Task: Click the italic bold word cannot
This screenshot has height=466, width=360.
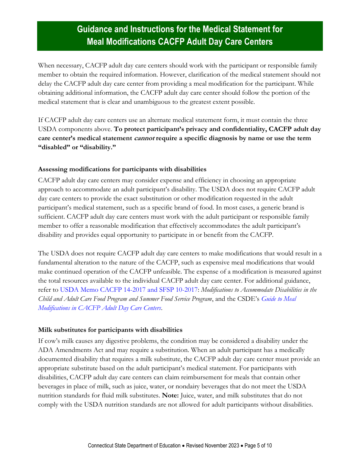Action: point(144,138)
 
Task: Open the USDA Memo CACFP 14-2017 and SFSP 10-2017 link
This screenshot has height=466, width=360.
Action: point(128,289)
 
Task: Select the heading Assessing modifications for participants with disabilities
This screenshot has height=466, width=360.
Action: point(122,169)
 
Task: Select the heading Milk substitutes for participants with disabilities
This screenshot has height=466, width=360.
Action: point(110,330)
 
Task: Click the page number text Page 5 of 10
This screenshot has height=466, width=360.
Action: point(258,446)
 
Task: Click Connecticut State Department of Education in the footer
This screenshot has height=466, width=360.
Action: point(134,446)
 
